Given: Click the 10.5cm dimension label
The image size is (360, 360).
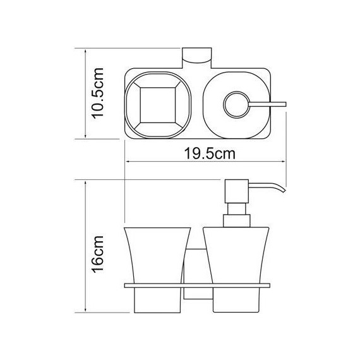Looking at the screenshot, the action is (98, 93).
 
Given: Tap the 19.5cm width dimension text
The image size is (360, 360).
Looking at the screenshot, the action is (210, 153).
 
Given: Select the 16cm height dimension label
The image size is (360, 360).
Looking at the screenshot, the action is (98, 254).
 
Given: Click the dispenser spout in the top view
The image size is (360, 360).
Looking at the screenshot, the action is (268, 104).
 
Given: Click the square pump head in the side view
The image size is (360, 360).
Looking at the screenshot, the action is (237, 191).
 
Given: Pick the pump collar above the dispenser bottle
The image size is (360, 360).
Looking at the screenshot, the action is (237, 221).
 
